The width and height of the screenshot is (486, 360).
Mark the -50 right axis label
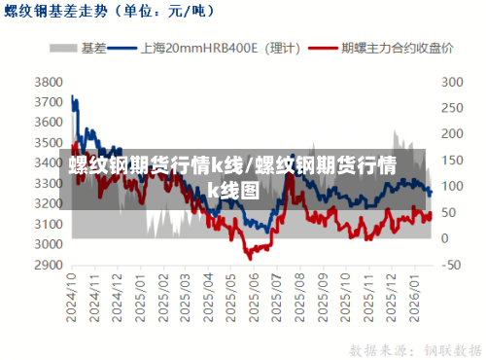pos(451,265)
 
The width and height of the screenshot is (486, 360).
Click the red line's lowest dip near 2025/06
pos(250,258)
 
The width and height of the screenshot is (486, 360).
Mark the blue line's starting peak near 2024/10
pos(74,96)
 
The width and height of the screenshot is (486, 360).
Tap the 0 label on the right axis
pos(447,238)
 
